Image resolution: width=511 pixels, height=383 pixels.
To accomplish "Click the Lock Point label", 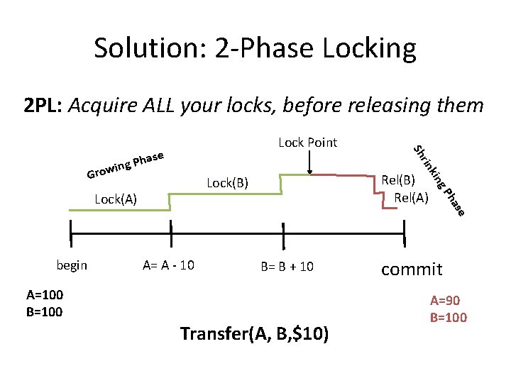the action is click(307, 143).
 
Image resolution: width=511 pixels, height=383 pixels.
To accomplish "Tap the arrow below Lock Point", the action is click(310, 162).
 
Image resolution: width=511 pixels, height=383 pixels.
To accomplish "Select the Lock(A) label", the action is click(116, 199).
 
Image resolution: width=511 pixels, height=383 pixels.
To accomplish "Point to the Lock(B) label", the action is click(227, 183).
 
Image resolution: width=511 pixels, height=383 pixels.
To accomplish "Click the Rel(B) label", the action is click(398, 180).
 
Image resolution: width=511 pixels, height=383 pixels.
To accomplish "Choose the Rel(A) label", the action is click(411, 197).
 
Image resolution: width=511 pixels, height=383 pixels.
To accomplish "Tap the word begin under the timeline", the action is click(72, 265).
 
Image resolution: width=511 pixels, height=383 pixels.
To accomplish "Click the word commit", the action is click(412, 270).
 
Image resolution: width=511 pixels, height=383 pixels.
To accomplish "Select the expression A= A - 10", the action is click(168, 265).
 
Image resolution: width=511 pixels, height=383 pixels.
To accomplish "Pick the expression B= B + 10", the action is click(287, 267).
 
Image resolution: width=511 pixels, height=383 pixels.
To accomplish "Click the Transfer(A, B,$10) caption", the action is click(254, 333).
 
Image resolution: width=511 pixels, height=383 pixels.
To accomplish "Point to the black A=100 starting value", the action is click(44, 296).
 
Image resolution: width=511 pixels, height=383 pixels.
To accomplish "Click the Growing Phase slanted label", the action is click(126, 164).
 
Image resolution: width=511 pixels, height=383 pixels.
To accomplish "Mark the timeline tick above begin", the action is click(71, 231).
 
